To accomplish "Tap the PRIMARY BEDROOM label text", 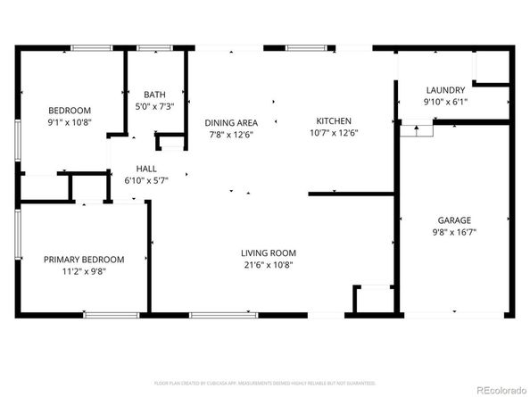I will (x=84, y=260).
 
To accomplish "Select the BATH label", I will (x=154, y=95).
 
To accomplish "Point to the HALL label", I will (x=147, y=168).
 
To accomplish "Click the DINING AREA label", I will (x=231, y=123).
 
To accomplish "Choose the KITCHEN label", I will (x=334, y=121).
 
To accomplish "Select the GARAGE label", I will (x=453, y=219).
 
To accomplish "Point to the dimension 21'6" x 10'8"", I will (x=268, y=264).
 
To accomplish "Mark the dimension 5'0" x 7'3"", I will (x=154, y=106).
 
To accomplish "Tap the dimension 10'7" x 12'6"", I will (x=334, y=134).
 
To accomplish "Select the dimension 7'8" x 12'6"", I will (x=231, y=135).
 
